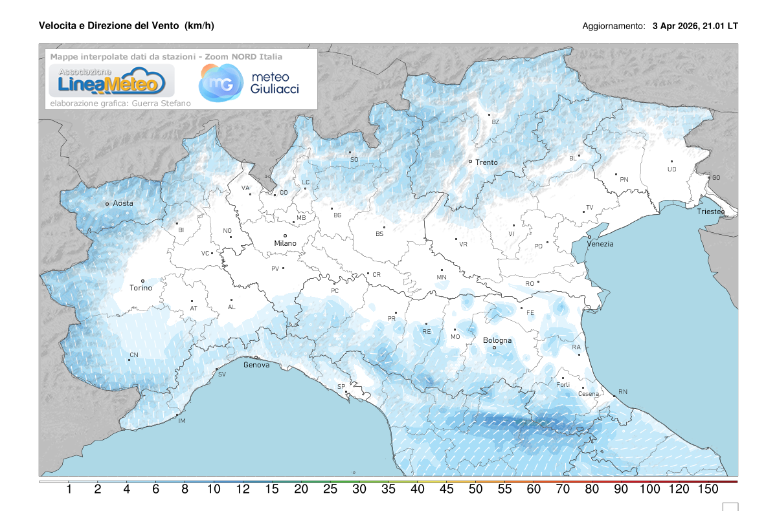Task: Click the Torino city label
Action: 141,288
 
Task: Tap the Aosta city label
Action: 123,203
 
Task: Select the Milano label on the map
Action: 285,243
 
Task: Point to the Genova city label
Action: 256,365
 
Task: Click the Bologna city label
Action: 497,340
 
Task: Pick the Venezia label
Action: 600,244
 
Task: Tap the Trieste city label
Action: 711,212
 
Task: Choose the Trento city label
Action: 486,162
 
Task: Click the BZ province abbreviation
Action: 495,122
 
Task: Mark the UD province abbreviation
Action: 671,169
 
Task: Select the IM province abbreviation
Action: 182,422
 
